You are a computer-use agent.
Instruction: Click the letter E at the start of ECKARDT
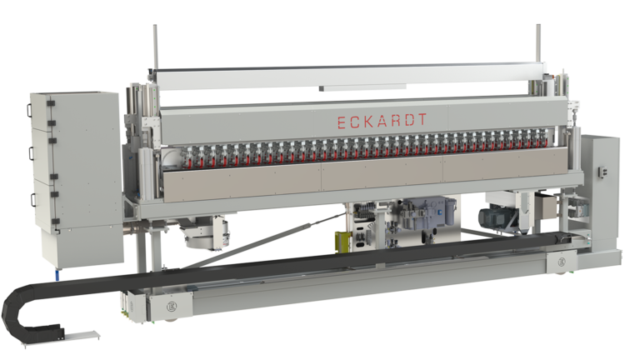click(x=340, y=122)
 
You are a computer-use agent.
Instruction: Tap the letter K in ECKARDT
click(x=372, y=122)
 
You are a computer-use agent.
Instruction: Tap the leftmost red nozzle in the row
click(x=179, y=156)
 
